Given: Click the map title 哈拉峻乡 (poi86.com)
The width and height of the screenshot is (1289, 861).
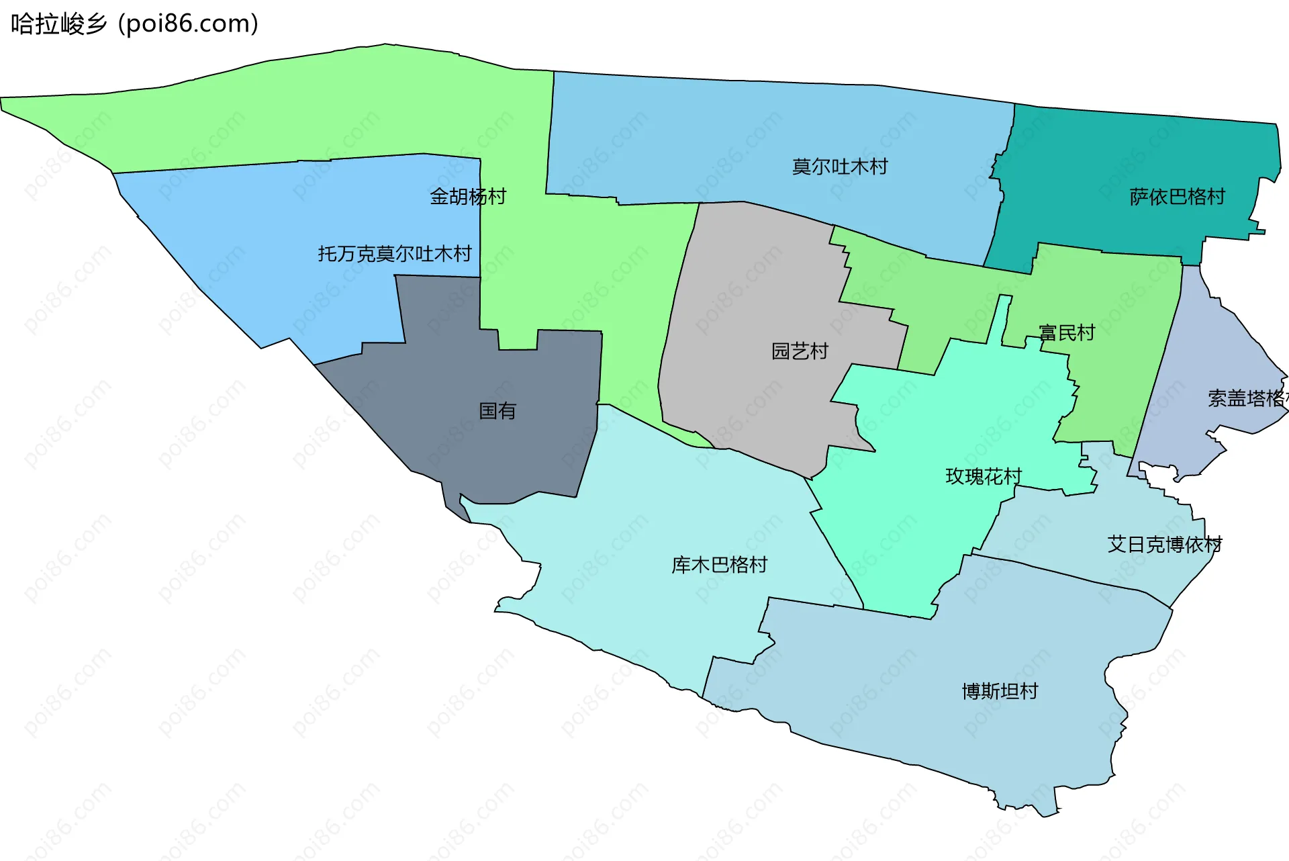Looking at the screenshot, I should pos(134,24).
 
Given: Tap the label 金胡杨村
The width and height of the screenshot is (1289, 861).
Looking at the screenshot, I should pos(468,197).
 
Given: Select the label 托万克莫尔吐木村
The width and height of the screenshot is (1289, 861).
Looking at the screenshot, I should pos(395,254).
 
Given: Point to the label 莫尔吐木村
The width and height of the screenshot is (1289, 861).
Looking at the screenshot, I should pos(840,167).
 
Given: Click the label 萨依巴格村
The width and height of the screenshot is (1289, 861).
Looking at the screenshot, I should pos(1177,197).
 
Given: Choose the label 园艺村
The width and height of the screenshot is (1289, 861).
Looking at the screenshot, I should pos(800,351).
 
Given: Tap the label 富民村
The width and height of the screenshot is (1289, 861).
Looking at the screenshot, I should pos(1067,332).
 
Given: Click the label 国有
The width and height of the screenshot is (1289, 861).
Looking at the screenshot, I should pos(497,411).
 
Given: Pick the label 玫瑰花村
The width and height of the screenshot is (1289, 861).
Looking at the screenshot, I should pos(984,476).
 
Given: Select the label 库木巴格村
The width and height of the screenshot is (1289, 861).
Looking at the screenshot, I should pos(719,565).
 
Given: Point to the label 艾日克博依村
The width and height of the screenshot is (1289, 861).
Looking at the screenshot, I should pos(1165,544).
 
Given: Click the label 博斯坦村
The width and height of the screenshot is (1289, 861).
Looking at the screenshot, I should pos(1000,691).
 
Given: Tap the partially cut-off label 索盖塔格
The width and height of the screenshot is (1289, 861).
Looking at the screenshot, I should pos(1247,398).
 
